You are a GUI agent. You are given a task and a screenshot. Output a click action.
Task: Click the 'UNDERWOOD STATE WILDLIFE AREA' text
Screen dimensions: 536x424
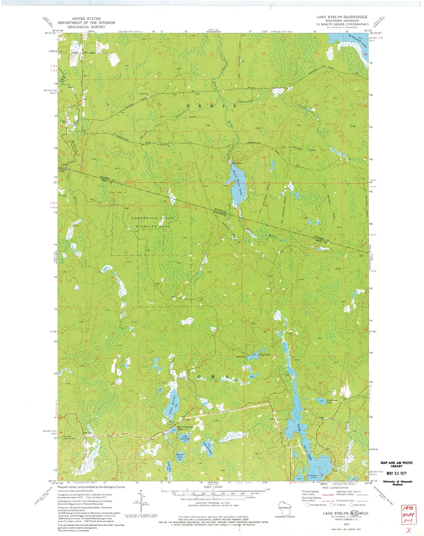pos(152,222)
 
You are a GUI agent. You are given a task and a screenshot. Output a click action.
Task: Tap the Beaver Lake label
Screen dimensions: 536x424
pos(180,456)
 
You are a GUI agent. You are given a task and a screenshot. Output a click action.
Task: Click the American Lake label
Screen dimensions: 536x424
pos(331,401)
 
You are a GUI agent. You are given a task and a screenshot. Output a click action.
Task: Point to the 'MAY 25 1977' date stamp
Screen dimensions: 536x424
pos(396,473)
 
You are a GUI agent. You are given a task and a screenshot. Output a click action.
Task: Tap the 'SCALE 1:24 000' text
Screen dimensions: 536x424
pos(213,487)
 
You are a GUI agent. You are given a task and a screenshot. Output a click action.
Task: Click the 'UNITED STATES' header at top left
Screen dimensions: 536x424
pos(86,18)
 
